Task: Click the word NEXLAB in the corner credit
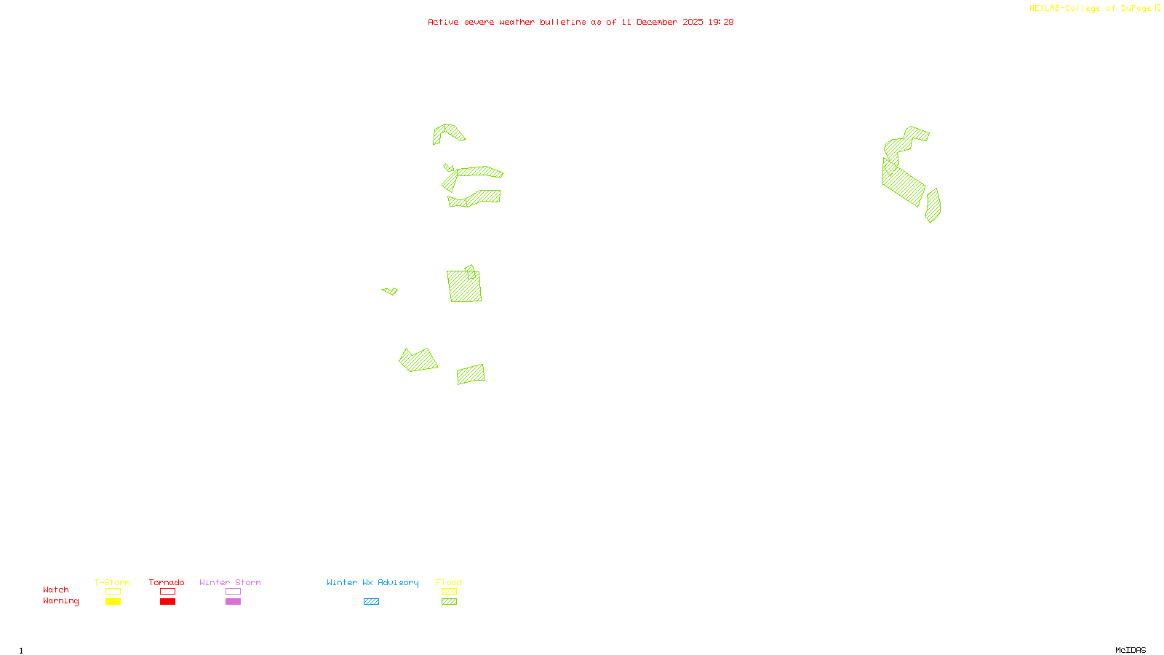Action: pyautogui.click(x=1045, y=9)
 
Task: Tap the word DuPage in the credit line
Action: pyautogui.click(x=1136, y=9)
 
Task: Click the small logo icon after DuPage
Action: pyautogui.click(x=1157, y=8)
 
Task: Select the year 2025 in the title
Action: pyautogui.click(x=693, y=23)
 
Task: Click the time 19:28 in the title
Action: pyautogui.click(x=721, y=23)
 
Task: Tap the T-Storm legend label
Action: pyautogui.click(x=112, y=582)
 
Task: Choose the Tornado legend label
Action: pyautogui.click(x=167, y=582)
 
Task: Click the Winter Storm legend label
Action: pyautogui.click(x=230, y=582)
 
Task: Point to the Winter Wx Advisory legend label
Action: pyautogui.click(x=372, y=582)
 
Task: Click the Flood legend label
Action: pyautogui.click(x=449, y=582)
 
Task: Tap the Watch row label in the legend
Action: pyautogui.click(x=56, y=590)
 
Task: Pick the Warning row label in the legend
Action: pyautogui.click(x=61, y=601)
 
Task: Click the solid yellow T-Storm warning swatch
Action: pyautogui.click(x=113, y=602)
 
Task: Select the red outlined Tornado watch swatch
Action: pyautogui.click(x=167, y=592)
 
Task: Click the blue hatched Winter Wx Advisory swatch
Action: pyautogui.click(x=371, y=602)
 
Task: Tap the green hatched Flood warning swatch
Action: pyautogui.click(x=449, y=602)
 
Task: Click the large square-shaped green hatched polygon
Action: pyautogui.click(x=464, y=287)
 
